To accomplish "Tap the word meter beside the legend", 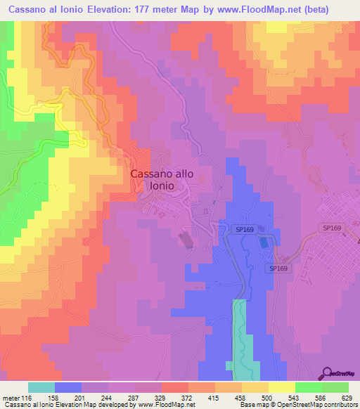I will (x=12, y=397).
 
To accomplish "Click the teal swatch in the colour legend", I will (x=41, y=387).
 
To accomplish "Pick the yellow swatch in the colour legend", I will (x=281, y=387).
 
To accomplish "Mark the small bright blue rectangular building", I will (x=264, y=242).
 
